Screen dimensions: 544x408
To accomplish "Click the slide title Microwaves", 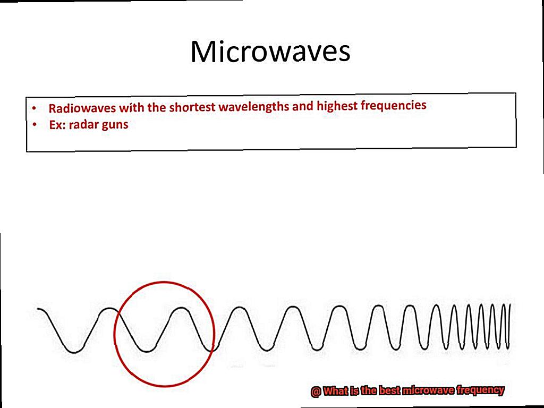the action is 270,52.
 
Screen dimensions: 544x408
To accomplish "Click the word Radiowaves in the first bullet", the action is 82,108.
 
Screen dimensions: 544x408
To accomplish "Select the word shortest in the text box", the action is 192,107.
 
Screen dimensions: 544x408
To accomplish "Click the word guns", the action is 114,125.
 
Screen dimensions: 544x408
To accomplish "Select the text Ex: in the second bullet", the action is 57,125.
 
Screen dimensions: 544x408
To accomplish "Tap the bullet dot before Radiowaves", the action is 33,108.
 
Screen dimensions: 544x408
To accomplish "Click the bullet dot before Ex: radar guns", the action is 35,124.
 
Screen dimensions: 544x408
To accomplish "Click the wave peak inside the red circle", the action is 182,308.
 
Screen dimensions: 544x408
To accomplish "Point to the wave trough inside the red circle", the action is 147,351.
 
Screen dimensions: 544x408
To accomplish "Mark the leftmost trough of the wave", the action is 74,352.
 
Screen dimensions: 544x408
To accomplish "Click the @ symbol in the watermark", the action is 316,392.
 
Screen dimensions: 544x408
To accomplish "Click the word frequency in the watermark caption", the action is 480,390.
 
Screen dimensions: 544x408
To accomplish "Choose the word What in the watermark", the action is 336,392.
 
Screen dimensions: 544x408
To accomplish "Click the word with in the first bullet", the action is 132,107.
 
